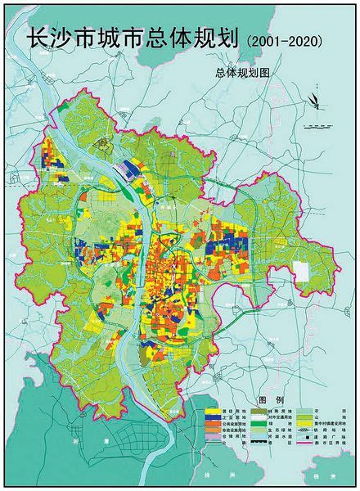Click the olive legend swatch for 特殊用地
click(259, 412)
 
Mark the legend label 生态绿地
click(280, 430)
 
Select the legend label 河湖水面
click(280, 436)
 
